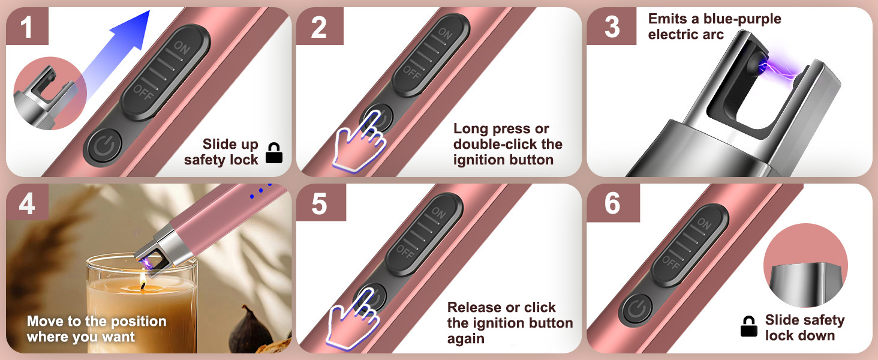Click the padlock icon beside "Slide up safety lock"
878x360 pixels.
click(274, 153)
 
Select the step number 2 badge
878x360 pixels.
click(320, 26)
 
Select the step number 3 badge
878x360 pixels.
click(612, 26)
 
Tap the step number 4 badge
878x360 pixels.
click(27, 203)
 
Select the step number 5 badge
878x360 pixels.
click(320, 203)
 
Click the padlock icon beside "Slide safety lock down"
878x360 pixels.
click(749, 326)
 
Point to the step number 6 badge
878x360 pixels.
click(612, 203)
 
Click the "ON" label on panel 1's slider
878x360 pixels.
click(182, 48)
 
